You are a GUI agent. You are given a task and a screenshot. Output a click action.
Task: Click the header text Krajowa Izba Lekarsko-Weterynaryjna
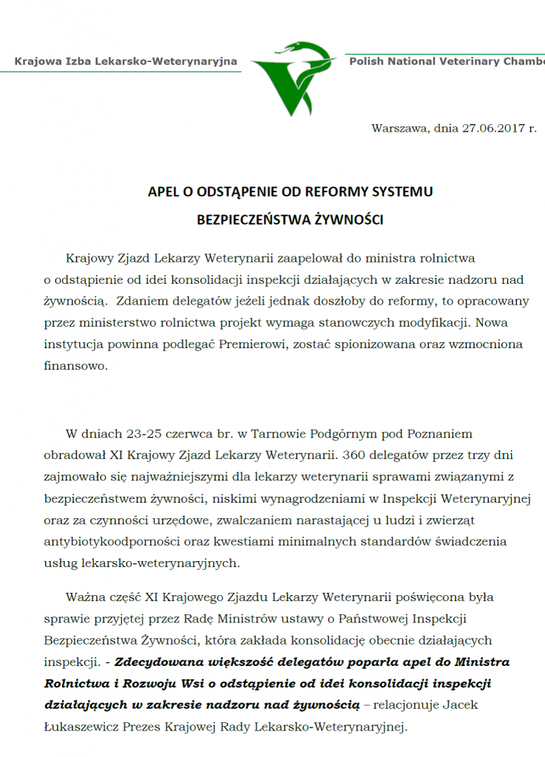coord(126,61)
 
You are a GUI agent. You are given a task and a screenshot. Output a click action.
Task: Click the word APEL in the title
coord(162,191)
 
